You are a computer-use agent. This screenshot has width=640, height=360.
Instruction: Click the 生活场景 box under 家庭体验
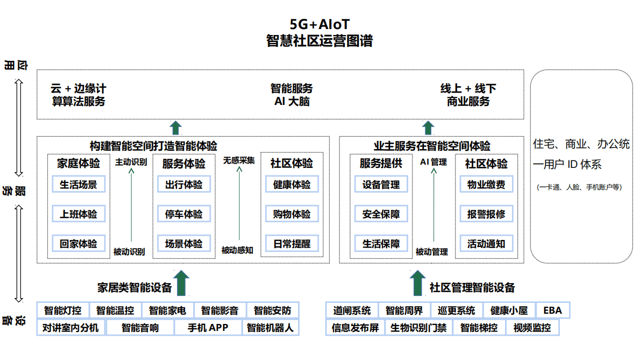coord(79,185)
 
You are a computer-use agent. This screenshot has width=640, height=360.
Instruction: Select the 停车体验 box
coord(184,214)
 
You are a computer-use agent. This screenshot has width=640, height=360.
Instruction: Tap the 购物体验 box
coord(291,214)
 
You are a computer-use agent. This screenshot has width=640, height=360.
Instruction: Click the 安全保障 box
coord(381,214)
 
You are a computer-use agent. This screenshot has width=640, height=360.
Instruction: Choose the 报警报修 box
coord(486,214)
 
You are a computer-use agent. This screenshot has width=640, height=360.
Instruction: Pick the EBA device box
coord(552,310)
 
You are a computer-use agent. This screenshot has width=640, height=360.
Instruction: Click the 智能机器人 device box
coord(271,327)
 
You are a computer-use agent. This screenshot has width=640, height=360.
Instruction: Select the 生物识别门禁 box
coord(418,327)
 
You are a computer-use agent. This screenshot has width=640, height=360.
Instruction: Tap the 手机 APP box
coord(208,327)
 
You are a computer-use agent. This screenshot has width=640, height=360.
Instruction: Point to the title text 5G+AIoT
coord(319,25)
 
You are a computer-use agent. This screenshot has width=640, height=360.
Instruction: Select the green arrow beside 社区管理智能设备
coord(417,283)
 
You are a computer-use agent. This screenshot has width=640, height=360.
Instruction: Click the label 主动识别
coord(131,161)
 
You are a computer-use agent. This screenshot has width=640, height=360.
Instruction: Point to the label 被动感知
coord(237,250)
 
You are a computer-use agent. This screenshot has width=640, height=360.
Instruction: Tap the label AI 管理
coord(433,161)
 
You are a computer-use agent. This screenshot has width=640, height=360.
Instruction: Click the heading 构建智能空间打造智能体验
coord(153,146)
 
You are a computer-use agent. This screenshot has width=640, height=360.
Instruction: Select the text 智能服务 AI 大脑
coord(291,95)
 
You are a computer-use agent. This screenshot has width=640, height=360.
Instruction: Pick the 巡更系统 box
coord(457,310)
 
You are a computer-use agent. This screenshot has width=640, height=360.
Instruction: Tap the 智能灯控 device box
coord(63,310)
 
